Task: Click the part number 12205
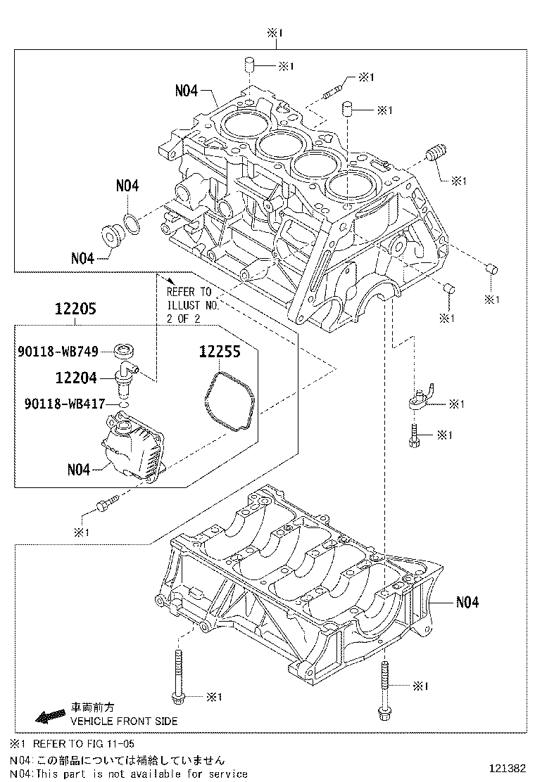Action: click(75, 308)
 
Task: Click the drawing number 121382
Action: click(506, 768)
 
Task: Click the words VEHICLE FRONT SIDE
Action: click(123, 721)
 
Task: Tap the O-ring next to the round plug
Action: click(130, 224)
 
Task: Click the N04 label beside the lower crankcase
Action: click(467, 602)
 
